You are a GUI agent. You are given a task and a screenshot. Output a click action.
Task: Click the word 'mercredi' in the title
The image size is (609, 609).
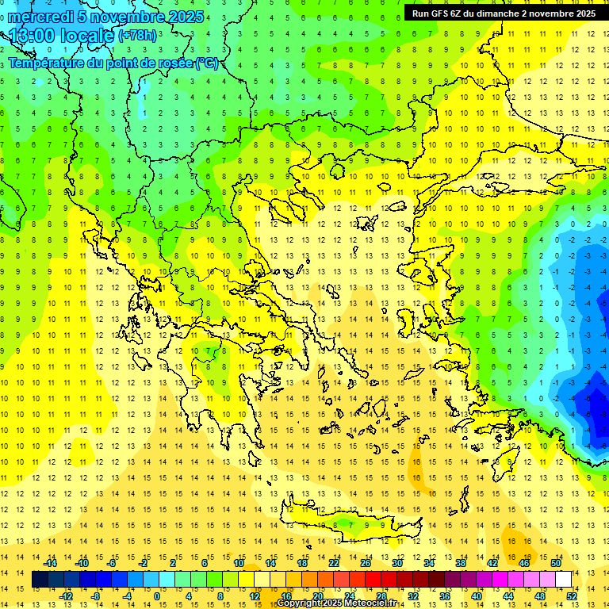pos(41,17)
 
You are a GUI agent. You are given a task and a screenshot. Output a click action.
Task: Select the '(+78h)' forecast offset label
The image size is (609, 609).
pos(138,36)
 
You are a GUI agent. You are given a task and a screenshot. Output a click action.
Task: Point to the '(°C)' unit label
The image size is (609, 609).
pos(207,63)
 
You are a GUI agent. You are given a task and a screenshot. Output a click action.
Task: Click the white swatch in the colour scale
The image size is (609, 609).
pos(563,580)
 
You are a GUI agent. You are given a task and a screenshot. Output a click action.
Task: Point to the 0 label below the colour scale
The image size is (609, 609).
pos(157,596)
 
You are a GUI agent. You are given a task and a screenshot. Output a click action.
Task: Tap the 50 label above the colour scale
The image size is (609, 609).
pos(556,563)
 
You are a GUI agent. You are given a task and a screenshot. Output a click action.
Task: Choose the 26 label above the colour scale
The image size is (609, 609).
pos(365,563)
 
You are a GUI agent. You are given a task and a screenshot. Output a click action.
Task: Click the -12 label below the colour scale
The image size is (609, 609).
pos(67,596)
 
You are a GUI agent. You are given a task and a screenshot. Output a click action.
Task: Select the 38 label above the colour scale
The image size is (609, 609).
pos(461,563)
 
